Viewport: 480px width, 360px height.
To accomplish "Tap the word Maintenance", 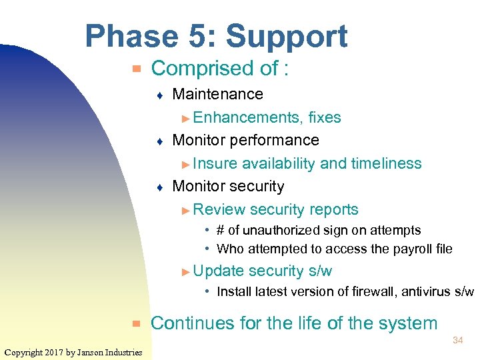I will tap(217, 94).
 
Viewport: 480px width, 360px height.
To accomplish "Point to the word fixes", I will tap(325, 118).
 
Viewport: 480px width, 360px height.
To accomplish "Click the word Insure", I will tap(215, 163).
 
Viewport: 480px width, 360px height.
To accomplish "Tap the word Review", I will tap(219, 209).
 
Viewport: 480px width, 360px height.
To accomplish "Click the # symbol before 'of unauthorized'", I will tap(221, 230).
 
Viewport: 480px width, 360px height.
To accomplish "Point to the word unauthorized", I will tap(279, 230).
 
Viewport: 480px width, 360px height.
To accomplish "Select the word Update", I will tap(218, 271).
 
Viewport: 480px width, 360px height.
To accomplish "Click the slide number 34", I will tap(457, 341).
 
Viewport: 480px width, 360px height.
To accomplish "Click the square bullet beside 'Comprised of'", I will tap(135, 69).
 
